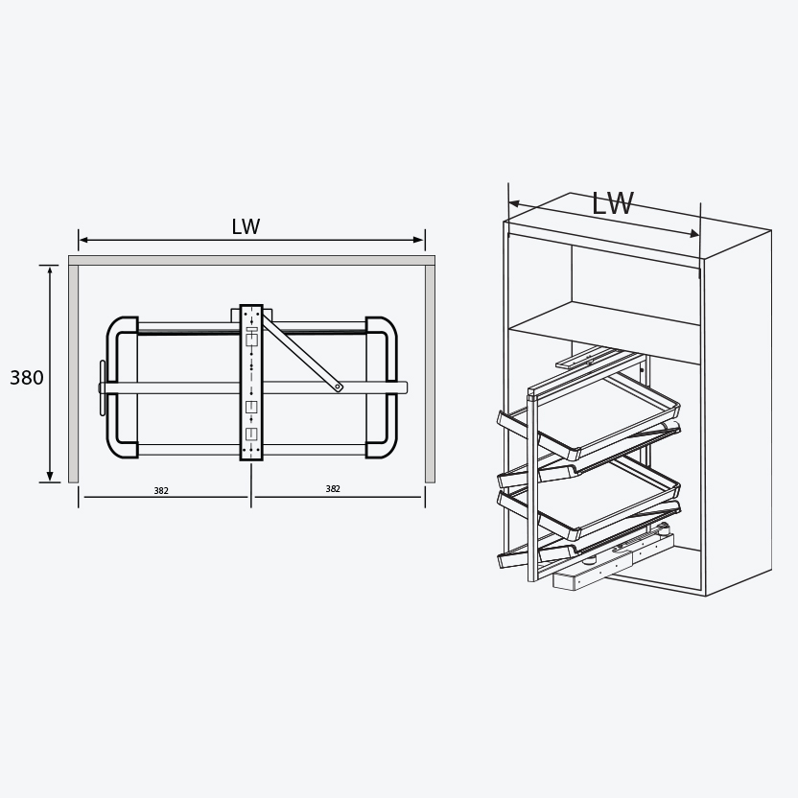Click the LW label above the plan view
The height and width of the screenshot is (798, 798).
click(x=246, y=227)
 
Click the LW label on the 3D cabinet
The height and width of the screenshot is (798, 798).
click(x=612, y=203)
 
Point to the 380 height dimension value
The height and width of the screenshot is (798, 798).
click(x=27, y=378)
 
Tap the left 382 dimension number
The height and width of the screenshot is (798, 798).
click(x=161, y=491)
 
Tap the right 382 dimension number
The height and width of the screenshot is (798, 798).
click(x=333, y=489)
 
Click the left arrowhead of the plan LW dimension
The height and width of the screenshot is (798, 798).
click(x=83, y=240)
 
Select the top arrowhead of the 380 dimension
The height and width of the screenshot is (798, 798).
click(x=50, y=270)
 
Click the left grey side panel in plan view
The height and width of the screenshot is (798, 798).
click(x=73, y=374)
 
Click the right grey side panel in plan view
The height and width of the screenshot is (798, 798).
click(x=430, y=374)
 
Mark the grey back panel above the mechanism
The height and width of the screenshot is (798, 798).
click(x=251, y=260)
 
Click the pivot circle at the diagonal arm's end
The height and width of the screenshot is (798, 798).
click(x=339, y=387)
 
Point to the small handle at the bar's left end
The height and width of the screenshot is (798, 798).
click(x=103, y=387)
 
